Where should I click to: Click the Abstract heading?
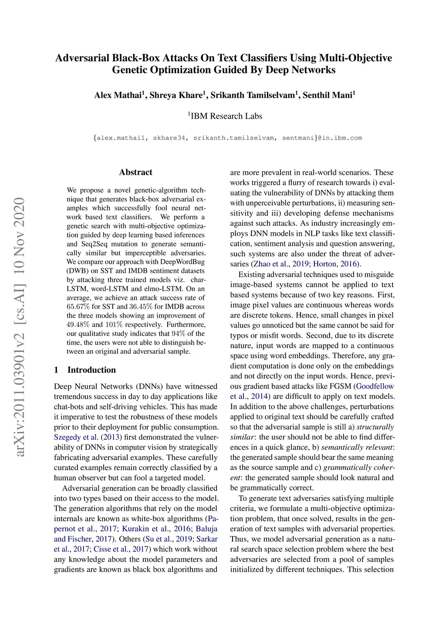[135, 172]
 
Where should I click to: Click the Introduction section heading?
[91, 370]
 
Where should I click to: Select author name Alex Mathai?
[118, 95]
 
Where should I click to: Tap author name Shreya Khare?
[176, 95]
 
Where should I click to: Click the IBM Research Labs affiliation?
[226, 116]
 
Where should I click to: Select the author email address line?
[227, 138]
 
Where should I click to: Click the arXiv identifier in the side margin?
[20, 327]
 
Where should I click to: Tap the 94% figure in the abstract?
[179, 333]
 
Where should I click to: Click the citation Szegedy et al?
[76, 437]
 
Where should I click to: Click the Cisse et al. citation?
[109, 549]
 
